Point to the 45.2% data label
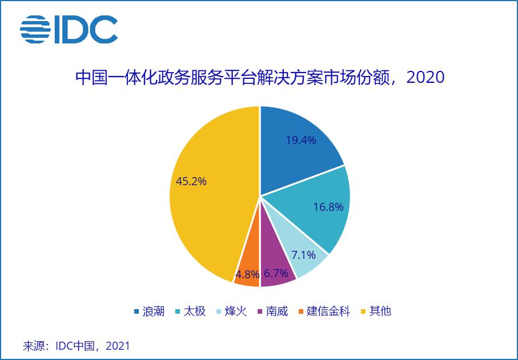click(x=191, y=181)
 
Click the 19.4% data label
click(x=301, y=140)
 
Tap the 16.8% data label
click(x=328, y=207)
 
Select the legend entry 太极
click(x=194, y=311)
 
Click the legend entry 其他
click(x=380, y=311)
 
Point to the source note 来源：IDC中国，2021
click(x=77, y=346)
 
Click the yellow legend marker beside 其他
click(x=363, y=312)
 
